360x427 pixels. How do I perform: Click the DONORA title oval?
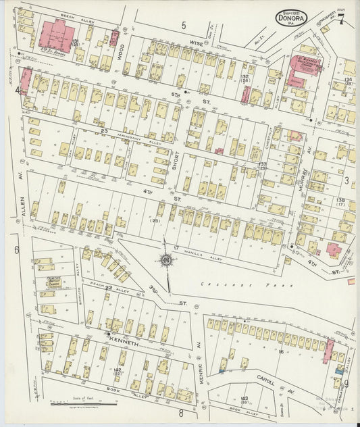tap(292, 17)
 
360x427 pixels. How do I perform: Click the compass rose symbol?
tap(165, 259)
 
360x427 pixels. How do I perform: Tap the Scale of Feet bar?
tap(83, 404)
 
